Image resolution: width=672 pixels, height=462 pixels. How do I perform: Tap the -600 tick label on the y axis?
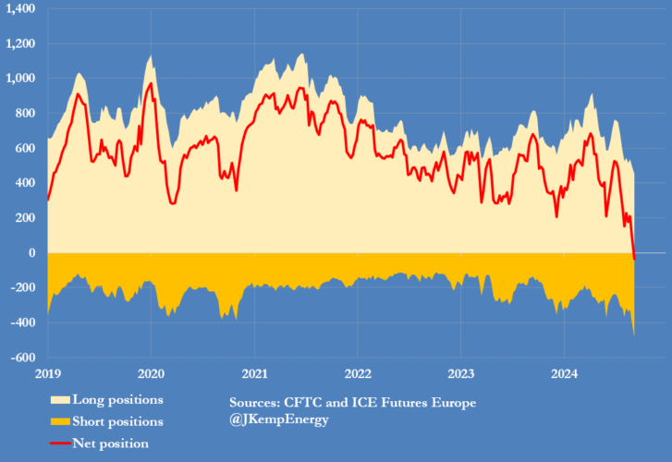click(x=22, y=357)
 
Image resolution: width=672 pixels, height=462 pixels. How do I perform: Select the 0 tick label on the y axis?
click(x=31, y=252)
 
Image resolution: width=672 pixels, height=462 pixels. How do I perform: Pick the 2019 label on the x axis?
click(x=48, y=373)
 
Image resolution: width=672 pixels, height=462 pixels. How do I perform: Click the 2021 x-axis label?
click(x=255, y=373)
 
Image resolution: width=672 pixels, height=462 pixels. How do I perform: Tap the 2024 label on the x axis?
click(x=565, y=373)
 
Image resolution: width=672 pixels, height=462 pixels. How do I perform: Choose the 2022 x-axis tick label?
click(x=358, y=373)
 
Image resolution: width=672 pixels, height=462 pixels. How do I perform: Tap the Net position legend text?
click(x=113, y=444)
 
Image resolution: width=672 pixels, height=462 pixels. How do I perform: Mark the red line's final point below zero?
click(x=634, y=259)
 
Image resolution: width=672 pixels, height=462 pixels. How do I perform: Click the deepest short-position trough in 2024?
click(x=634, y=335)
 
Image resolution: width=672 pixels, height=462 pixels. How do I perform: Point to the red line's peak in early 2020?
click(x=151, y=83)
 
